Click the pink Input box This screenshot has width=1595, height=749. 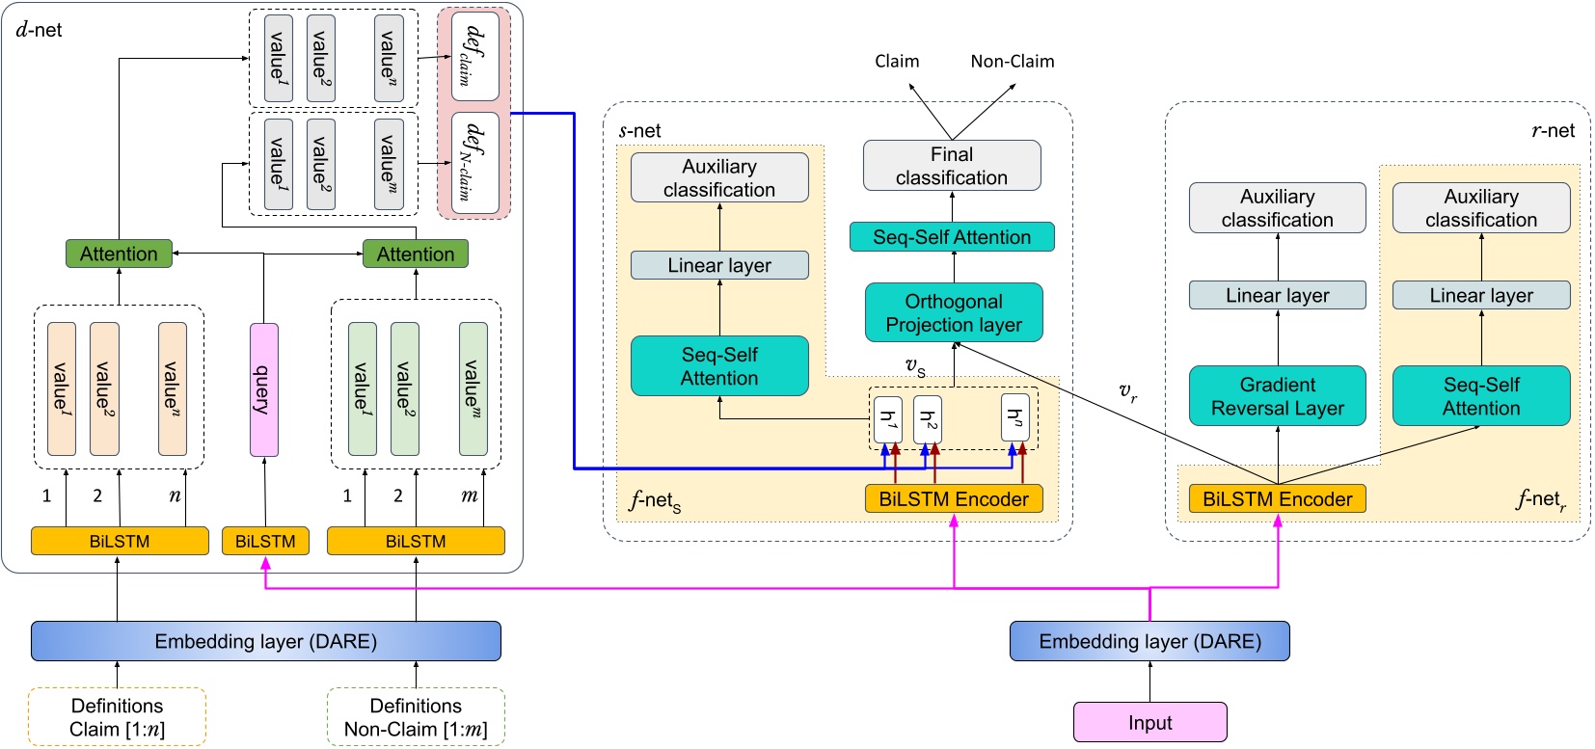[1149, 722]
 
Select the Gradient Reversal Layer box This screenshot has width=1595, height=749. [1277, 396]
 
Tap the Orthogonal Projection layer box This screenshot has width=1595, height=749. [953, 312]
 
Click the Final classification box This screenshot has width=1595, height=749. [951, 166]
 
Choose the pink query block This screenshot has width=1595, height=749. [263, 389]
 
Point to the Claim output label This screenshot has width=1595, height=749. [896, 62]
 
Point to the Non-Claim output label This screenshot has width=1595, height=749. [1012, 62]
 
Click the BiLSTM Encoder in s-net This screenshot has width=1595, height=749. [953, 499]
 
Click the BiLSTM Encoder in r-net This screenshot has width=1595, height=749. [1277, 499]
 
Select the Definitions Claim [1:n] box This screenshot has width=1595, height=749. [117, 717]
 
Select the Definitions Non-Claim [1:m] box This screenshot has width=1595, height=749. [416, 717]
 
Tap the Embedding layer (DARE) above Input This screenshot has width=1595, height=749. [1149, 641]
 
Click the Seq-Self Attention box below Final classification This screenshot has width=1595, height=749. [951, 237]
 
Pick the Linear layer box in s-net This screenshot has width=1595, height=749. [719, 265]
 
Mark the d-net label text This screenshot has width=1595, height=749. [39, 30]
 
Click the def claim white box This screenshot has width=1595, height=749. [474, 56]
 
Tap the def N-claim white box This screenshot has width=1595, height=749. [474, 163]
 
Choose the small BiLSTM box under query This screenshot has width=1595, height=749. [265, 541]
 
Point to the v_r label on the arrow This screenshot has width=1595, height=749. [1127, 392]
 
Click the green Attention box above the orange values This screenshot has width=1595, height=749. [119, 254]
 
